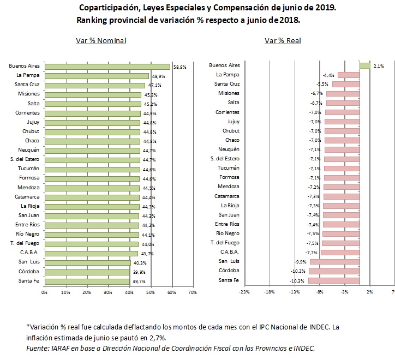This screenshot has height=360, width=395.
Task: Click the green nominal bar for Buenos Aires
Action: coord(107,67)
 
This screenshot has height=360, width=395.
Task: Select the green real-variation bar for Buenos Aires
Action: coord(365,65)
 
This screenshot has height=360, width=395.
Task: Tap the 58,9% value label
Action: coord(180,67)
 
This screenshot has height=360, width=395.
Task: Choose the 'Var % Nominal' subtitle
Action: coord(101,41)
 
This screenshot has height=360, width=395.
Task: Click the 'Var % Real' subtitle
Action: coord(283,41)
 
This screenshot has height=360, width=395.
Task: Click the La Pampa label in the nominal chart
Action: coord(27,75)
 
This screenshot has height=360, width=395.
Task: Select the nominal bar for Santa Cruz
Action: coord(94,85)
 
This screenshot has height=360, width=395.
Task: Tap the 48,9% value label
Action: coord(158,76)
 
